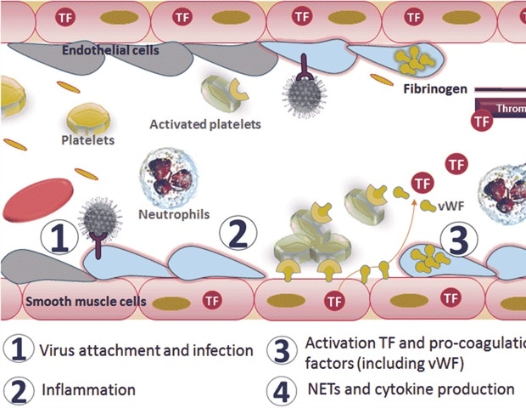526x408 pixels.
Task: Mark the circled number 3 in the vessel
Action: (x=459, y=241)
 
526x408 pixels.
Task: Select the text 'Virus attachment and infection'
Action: (x=147, y=349)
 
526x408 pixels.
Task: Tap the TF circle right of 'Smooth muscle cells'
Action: (x=206, y=300)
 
